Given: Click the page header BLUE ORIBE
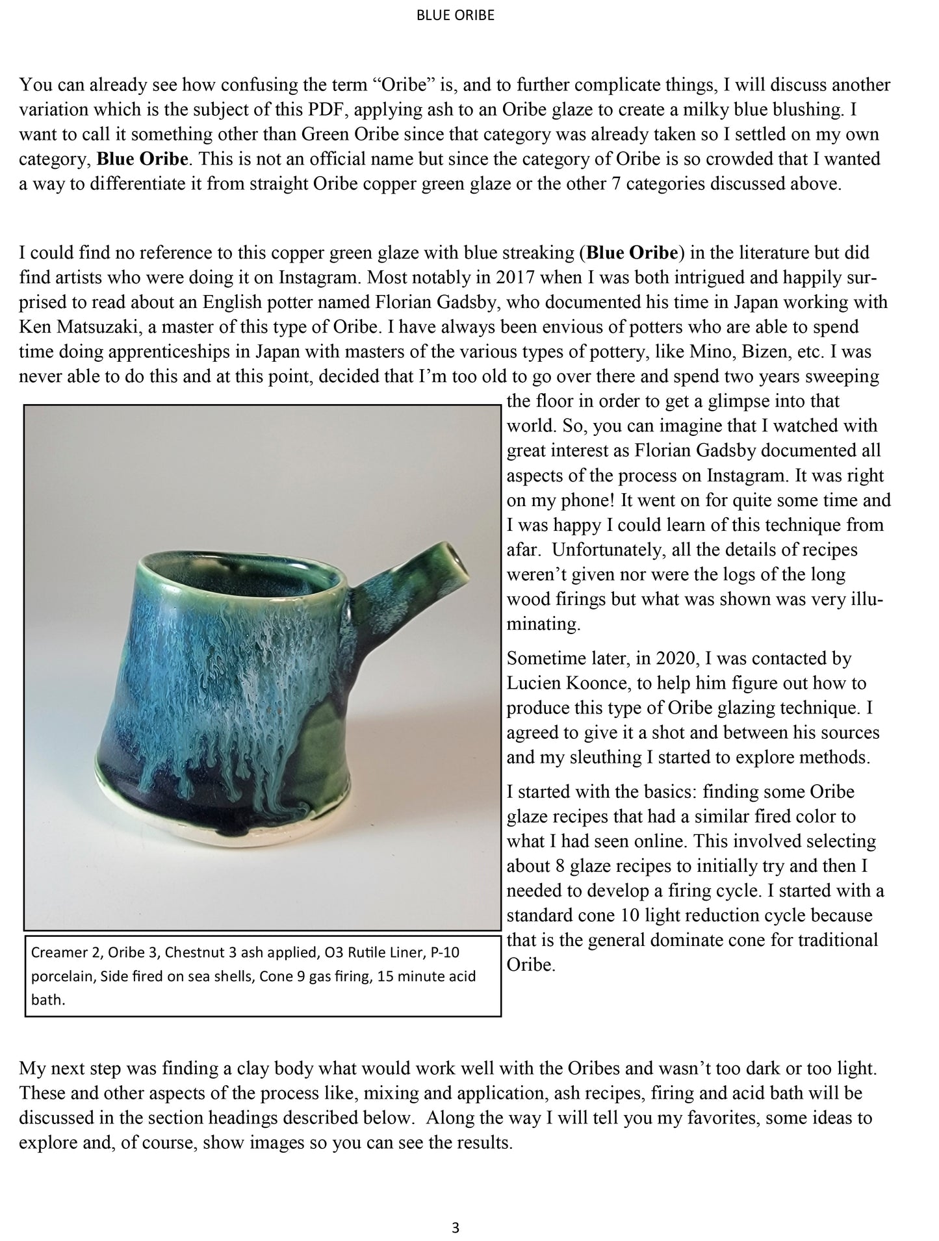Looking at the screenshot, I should (455, 16).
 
